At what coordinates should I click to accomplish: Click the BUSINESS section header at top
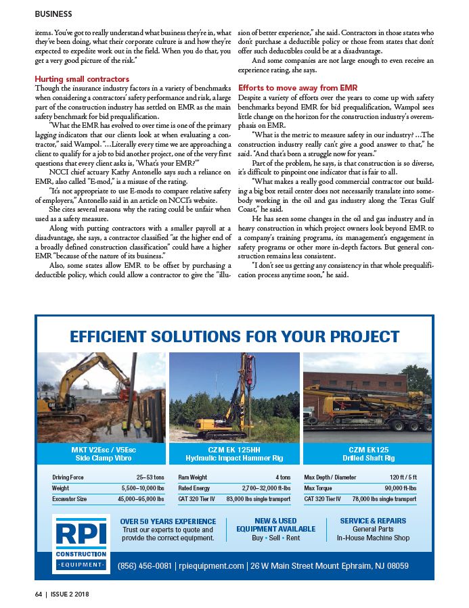(53, 13)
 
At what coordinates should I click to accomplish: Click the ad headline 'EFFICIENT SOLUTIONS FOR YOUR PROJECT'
(234, 336)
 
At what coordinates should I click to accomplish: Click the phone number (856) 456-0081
(145, 565)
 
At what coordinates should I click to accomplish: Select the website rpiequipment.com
(210, 565)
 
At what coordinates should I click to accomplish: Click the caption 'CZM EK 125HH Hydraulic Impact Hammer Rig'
(234, 454)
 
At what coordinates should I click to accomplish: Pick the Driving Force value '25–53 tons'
(150, 477)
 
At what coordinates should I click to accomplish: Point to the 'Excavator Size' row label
(70, 499)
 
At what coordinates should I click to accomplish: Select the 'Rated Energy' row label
(194, 488)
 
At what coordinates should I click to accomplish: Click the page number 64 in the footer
(39, 594)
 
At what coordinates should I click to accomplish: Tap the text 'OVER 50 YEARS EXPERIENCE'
(168, 521)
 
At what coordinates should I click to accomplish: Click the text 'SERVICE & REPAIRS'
(373, 521)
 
